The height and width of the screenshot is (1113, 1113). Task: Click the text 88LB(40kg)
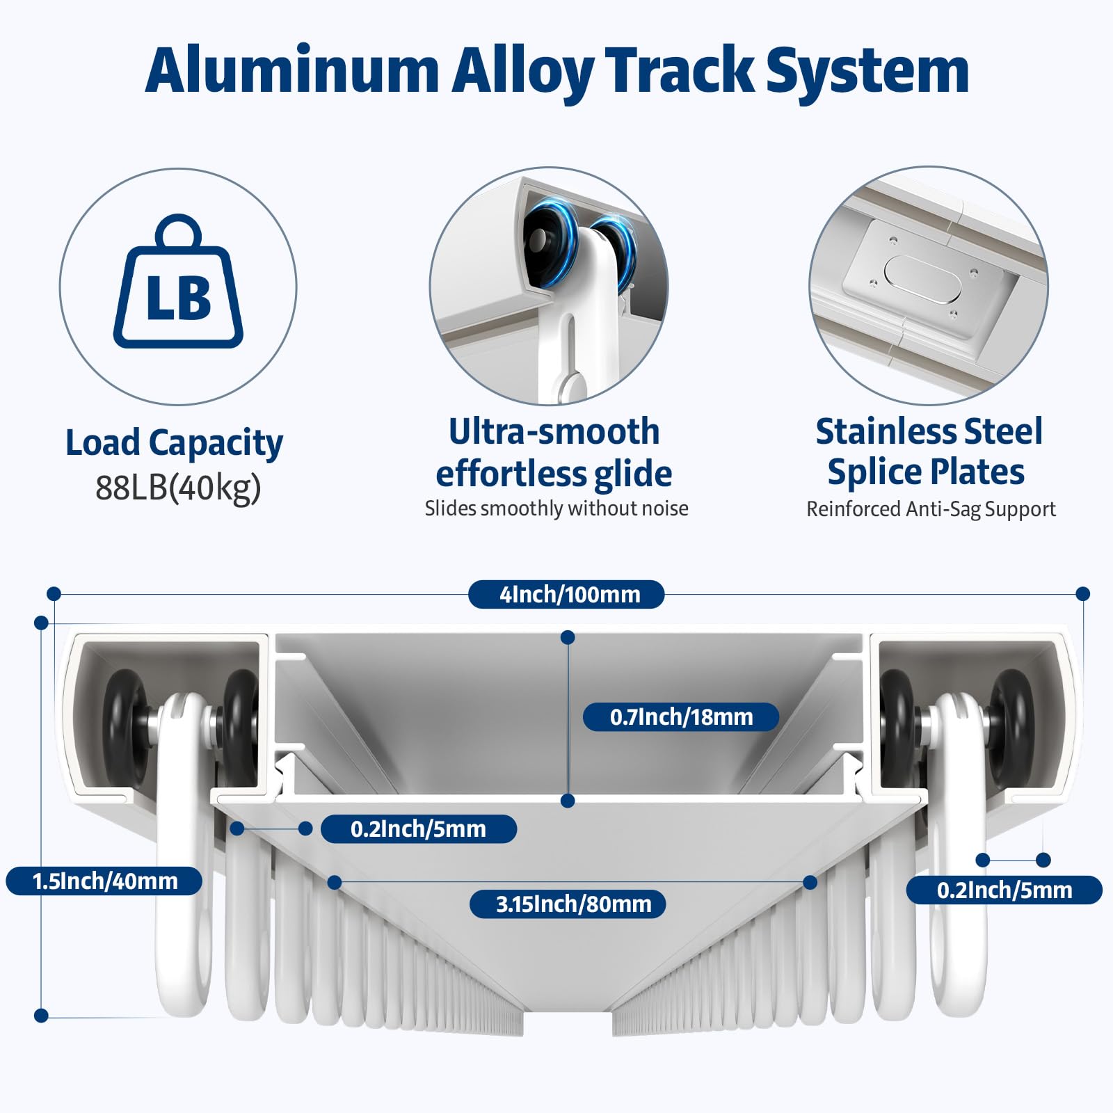tap(178, 488)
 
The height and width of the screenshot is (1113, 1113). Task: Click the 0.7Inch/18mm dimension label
tap(680, 716)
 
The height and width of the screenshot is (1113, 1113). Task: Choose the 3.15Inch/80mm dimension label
tap(568, 904)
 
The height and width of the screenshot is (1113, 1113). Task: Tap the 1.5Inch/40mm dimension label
tap(104, 881)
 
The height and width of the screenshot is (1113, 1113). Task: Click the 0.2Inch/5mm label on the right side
tap(1004, 890)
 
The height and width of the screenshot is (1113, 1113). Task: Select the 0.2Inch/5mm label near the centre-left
tap(419, 829)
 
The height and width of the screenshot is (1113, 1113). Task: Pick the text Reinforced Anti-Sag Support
tap(931, 509)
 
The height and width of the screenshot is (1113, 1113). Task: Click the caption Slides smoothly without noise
tap(556, 509)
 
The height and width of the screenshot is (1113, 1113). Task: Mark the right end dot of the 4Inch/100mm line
tap(1082, 594)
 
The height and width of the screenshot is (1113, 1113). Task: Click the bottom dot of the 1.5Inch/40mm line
tap(41, 1016)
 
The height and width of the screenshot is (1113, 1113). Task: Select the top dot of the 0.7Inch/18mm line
tap(568, 637)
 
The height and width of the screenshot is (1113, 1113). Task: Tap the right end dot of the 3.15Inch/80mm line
tap(810, 882)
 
